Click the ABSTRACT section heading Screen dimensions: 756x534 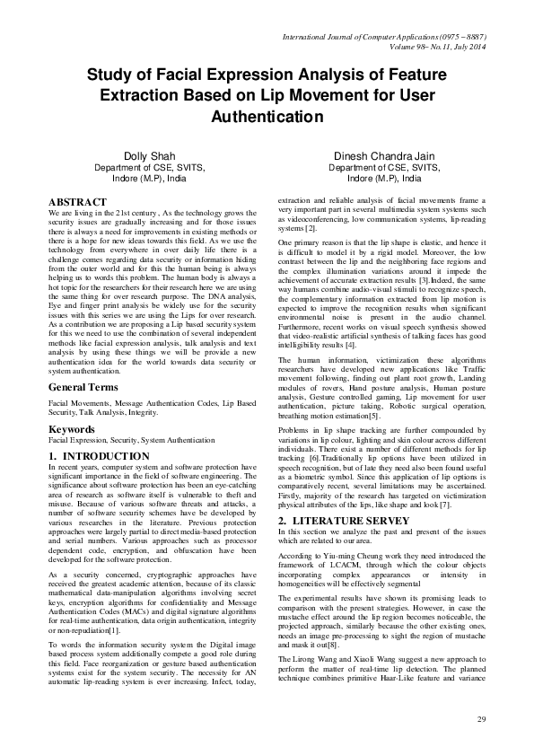75,202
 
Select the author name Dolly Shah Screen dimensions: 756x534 151,155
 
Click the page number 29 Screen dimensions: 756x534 481,720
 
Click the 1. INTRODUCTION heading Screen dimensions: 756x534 99,456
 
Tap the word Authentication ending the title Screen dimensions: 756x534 267,117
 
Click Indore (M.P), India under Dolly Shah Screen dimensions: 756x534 151,178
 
